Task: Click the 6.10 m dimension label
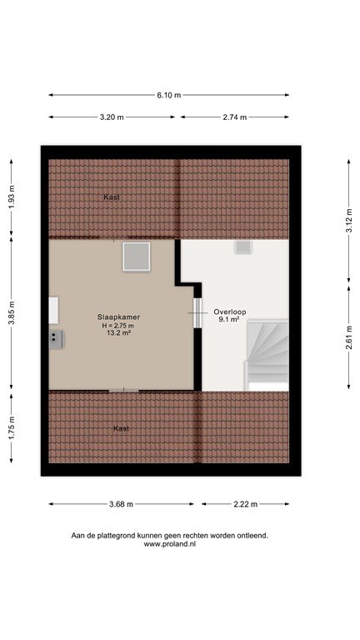(x=169, y=95)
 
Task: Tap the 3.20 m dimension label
(x=112, y=117)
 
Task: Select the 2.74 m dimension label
(x=235, y=117)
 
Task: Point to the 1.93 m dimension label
(x=12, y=197)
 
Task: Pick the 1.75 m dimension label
(x=12, y=427)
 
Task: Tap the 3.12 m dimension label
(x=349, y=220)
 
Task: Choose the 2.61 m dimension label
(x=349, y=337)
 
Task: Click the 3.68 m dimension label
(x=121, y=504)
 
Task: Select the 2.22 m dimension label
(x=246, y=504)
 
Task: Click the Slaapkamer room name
(x=119, y=317)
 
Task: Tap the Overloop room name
(x=230, y=312)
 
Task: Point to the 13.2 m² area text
(x=119, y=332)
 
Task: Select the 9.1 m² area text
(x=229, y=320)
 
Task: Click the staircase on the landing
(x=267, y=355)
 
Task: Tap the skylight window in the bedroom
(x=137, y=257)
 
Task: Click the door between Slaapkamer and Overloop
(x=197, y=312)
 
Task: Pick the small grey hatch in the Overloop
(x=243, y=247)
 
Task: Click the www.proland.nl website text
(x=170, y=544)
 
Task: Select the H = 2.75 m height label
(x=118, y=325)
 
